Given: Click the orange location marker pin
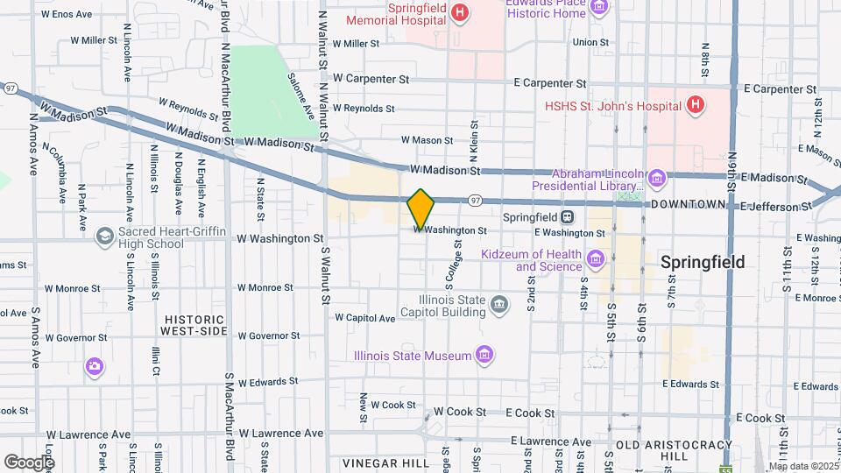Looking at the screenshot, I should click(421, 208).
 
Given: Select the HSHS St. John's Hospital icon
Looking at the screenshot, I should click(696, 106).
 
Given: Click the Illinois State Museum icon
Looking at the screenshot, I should click(484, 355).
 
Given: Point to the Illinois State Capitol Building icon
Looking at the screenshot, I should click(499, 305).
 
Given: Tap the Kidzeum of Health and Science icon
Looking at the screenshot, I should click(597, 258).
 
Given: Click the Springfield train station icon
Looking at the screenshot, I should click(569, 216).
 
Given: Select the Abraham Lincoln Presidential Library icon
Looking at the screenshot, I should click(657, 180).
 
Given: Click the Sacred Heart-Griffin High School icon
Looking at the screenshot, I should click(105, 236).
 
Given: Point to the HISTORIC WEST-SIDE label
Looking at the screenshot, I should click(194, 325).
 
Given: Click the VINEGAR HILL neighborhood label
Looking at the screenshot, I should click(379, 462).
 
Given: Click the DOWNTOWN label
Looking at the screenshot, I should click(689, 204).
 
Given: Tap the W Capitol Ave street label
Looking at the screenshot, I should click(365, 318).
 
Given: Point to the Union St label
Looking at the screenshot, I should click(590, 41).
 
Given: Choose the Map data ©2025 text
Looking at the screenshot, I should click(802, 466).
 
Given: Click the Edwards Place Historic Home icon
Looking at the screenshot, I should click(600, 8).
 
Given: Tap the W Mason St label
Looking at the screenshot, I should click(427, 139).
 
